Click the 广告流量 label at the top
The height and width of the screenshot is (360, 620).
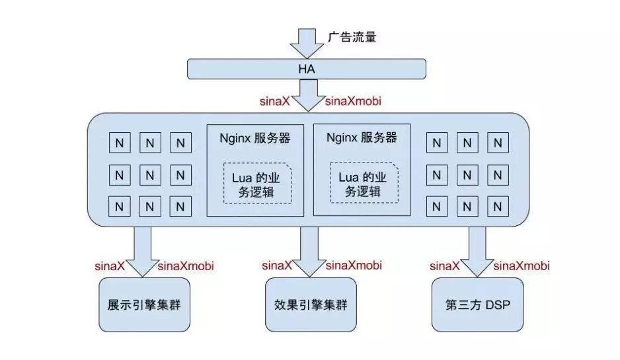coord(352,38)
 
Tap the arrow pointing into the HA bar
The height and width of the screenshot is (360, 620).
coord(304,44)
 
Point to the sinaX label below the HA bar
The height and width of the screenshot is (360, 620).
coord(273,102)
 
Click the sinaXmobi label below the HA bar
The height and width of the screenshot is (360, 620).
coord(354,102)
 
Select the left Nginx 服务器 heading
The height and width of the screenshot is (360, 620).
coord(255,139)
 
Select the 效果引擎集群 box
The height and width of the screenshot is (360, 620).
coord(310,305)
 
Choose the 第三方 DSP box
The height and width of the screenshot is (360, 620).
coord(477,305)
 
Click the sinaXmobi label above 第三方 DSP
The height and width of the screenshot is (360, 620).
coord(522,266)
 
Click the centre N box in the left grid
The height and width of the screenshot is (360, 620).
coord(150,175)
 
